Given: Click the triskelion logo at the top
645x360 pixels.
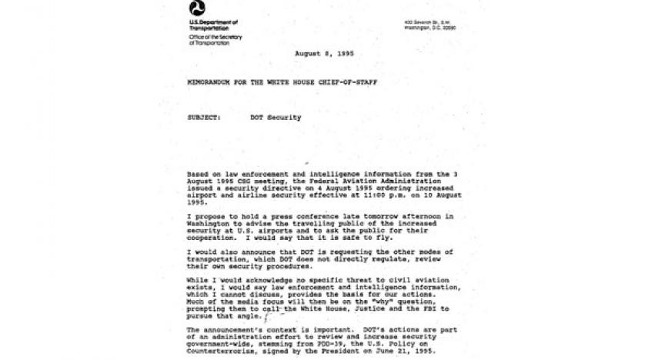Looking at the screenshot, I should click(x=197, y=8).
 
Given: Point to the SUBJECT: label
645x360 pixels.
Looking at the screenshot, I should click(x=202, y=118).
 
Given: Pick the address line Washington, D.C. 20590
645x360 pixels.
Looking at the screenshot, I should click(x=429, y=28).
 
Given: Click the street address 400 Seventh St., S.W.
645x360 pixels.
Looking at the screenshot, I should click(x=426, y=22).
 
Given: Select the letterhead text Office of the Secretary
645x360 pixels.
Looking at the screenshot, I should click(x=216, y=37).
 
